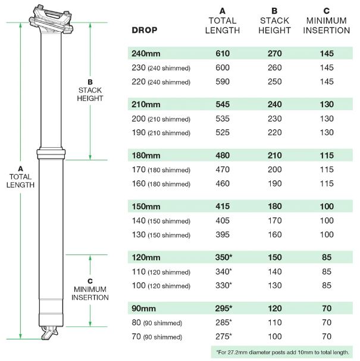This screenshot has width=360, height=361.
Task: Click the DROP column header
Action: click(145, 30)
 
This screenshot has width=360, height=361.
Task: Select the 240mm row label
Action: click(146, 54)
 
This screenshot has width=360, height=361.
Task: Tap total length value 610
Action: click(223, 54)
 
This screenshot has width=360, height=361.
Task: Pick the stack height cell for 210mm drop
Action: click(275, 104)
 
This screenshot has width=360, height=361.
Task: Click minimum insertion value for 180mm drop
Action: click(327, 155)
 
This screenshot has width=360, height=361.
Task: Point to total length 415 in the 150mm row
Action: click(223, 206)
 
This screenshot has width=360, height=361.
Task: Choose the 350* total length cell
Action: click(224, 257)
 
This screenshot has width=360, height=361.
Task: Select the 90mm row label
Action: click(143, 309)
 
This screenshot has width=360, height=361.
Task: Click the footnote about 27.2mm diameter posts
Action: click(283, 352)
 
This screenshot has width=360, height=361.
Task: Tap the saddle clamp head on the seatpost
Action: click(51, 20)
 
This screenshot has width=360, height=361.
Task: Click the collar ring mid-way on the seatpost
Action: click(51, 154)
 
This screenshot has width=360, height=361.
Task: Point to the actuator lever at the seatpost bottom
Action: click(49, 333)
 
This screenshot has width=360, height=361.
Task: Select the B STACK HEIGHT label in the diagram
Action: click(90, 91)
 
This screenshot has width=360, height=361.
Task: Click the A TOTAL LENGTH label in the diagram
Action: click(20, 177)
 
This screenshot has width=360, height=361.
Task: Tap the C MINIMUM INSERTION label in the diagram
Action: click(90, 290)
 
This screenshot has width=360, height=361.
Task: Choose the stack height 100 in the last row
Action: click(275, 337)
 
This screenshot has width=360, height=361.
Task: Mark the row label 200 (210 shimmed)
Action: click(161, 119)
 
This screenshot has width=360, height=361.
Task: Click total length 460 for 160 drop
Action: click(223, 183)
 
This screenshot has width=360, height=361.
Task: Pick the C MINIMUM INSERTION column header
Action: click(327, 21)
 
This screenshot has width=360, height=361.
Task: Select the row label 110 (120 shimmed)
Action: click(161, 272)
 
